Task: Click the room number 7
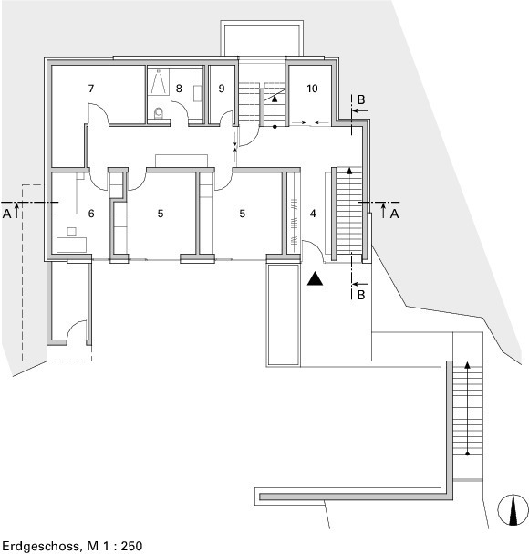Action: [91, 89]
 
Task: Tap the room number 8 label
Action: [179, 89]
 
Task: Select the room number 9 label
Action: [222, 89]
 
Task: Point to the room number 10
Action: [312, 89]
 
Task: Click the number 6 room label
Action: [91, 214]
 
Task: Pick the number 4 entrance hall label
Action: [313, 214]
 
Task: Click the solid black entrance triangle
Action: [315, 278]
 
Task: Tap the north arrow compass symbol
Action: [513, 510]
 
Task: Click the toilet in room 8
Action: [159, 112]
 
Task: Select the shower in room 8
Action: [158, 82]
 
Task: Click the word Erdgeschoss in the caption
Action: [40, 546]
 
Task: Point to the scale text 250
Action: [131, 546]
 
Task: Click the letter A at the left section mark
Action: [6, 214]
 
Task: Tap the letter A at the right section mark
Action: [394, 214]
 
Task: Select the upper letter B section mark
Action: [360, 99]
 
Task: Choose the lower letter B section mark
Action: [360, 294]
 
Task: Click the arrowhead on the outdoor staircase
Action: [467, 365]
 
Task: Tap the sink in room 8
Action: [197, 93]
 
